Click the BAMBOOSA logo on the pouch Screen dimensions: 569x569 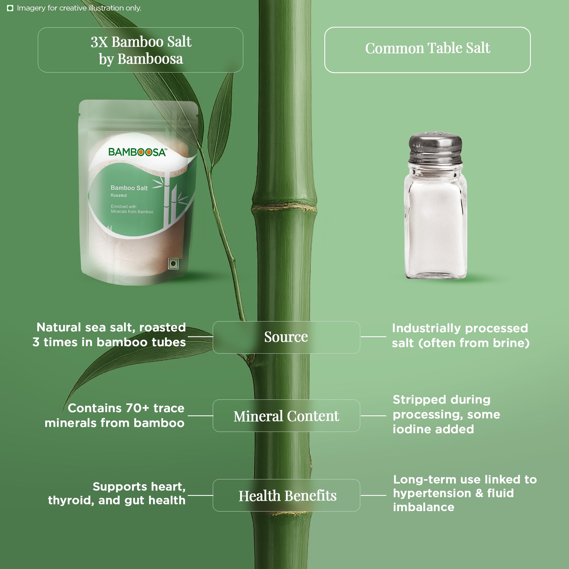click(x=137, y=152)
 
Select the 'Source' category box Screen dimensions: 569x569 click(x=286, y=337)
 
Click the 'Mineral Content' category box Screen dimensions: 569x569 click(x=286, y=416)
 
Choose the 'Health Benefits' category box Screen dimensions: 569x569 click(x=286, y=495)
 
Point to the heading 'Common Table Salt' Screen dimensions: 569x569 click(x=428, y=48)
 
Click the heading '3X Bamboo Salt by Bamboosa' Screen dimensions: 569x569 click(x=141, y=50)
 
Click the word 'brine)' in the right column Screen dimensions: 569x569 click(x=511, y=343)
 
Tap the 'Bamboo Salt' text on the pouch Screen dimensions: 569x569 click(x=129, y=188)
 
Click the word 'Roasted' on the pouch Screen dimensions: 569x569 click(x=118, y=195)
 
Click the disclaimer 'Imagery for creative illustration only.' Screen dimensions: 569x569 click(x=79, y=8)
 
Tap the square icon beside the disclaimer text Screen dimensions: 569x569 click(x=10, y=8)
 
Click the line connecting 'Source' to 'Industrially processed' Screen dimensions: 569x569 click(x=374, y=337)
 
